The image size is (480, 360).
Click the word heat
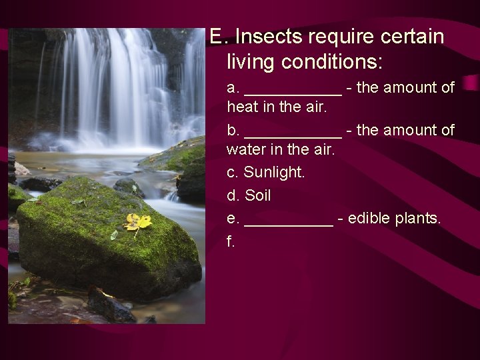pyautogui.click(x=241, y=107)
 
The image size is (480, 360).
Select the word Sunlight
pyautogui.click(x=274, y=172)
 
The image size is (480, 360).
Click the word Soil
pyautogui.click(x=258, y=196)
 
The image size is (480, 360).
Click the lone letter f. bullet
pyautogui.click(x=231, y=241)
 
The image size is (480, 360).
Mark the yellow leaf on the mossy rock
pyautogui.click(x=137, y=222)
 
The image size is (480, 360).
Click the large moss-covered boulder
pyautogui.click(x=100, y=247)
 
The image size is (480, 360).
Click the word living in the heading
pyautogui.click(x=251, y=62)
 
